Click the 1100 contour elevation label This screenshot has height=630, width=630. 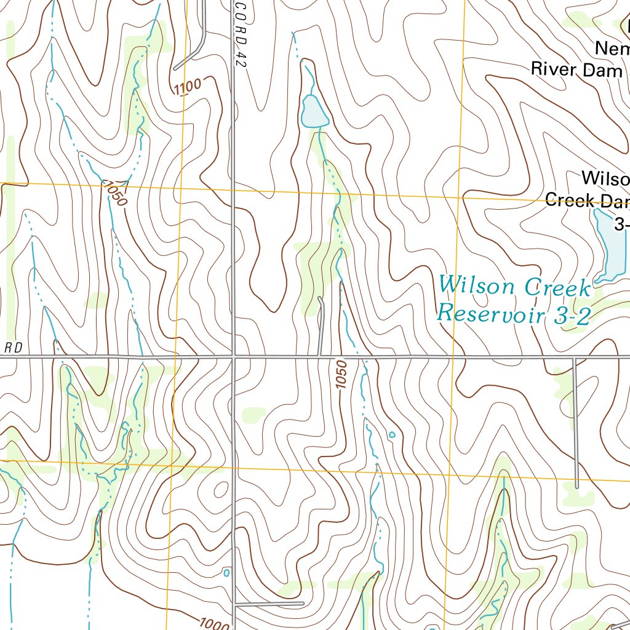coord(188,87)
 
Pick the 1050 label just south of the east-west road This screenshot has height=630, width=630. coord(342,374)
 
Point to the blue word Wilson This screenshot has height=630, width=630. coord(477,285)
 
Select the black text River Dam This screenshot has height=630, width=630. coord(571,68)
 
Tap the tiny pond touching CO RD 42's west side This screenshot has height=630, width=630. coord(226,573)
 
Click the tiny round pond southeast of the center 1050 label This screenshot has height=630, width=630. coord(392,435)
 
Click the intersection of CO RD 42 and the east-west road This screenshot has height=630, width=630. coord(234,356)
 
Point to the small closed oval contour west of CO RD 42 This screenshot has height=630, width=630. coord(218,490)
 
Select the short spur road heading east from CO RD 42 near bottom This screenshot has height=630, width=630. coord(271,604)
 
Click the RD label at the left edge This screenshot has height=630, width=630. coord(14,348)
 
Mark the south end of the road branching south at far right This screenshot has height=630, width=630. coord(576,486)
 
